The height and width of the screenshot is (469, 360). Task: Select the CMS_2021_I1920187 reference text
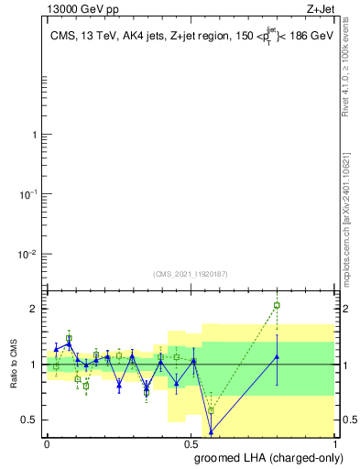coord(191,272)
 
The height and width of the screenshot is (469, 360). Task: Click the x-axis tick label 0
coord(47,442)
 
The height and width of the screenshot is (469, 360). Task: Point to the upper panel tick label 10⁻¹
coord(27,194)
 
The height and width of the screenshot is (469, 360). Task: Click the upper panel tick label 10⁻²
coord(27,254)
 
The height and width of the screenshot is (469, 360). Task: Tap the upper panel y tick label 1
coord(33,135)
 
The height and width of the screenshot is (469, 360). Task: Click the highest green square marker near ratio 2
coord(277,305)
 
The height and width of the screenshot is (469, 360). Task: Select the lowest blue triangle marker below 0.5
coord(211,431)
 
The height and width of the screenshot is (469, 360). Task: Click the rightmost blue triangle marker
coord(277,357)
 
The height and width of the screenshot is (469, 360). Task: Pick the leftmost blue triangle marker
coord(56,349)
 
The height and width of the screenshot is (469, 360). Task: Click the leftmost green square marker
coord(56,366)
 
